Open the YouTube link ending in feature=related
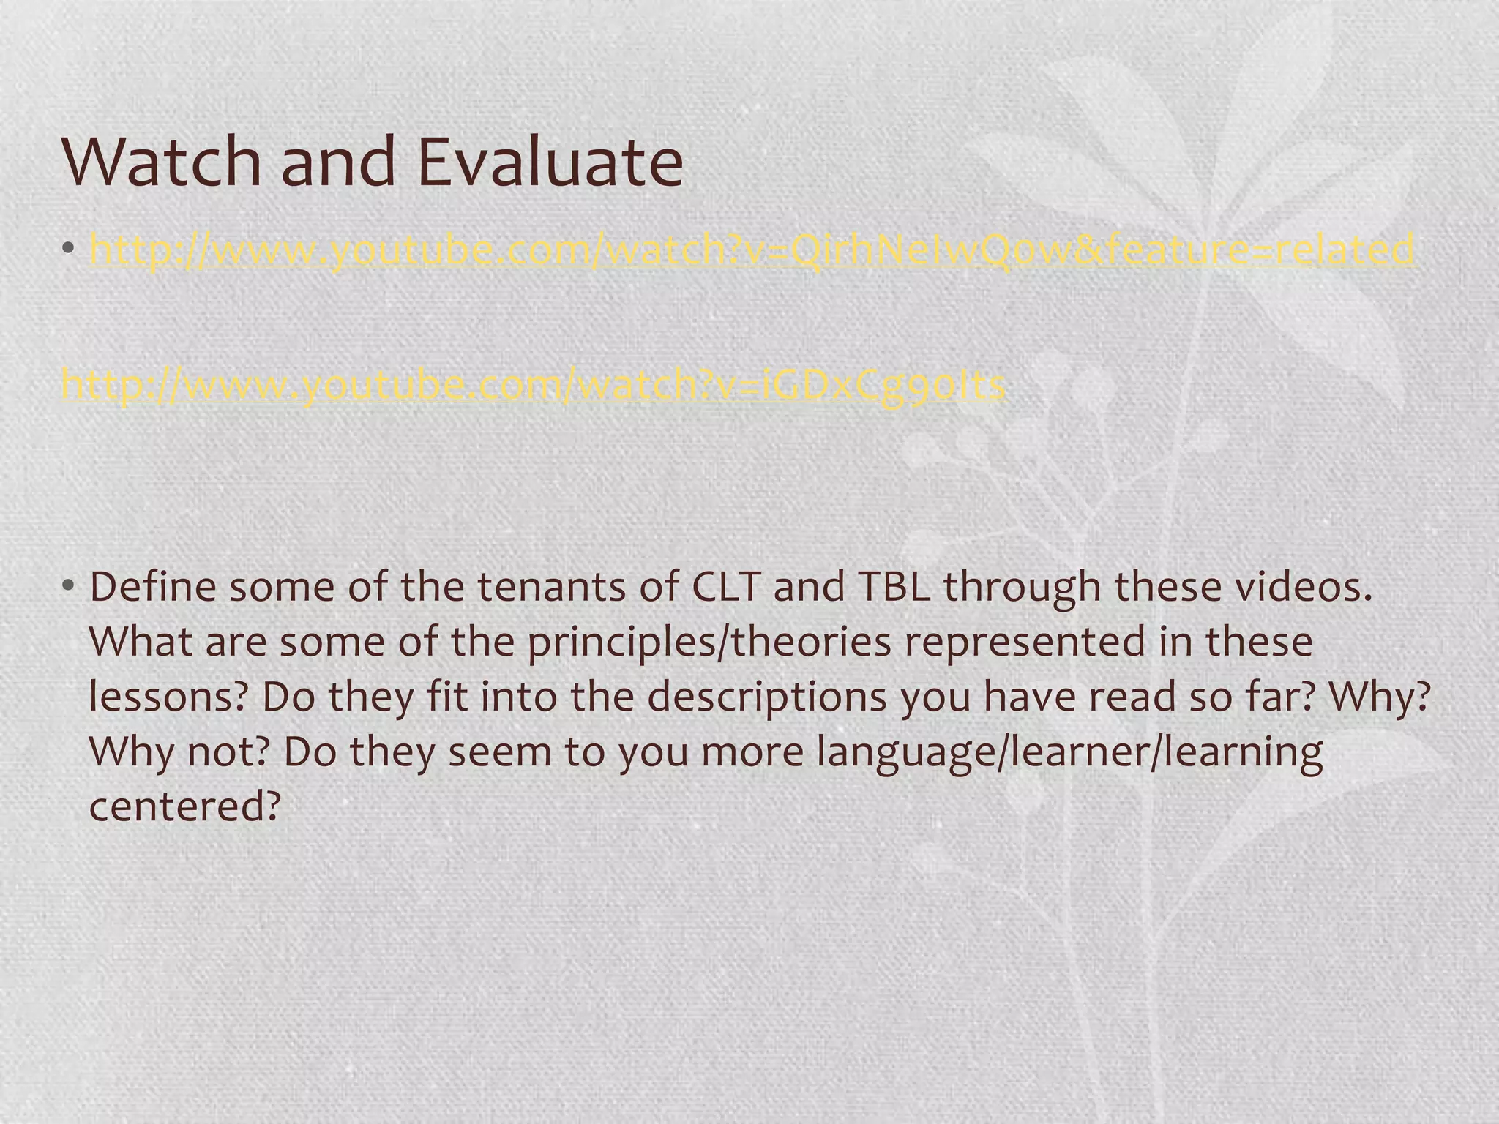point(752,250)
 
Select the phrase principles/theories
point(709,642)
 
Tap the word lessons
point(169,697)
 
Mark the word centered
point(184,806)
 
